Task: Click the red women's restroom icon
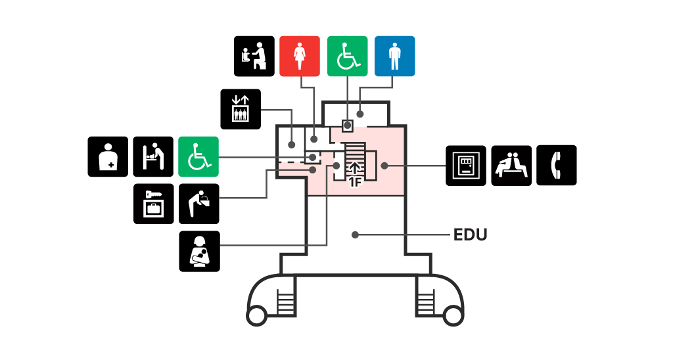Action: [x=300, y=56]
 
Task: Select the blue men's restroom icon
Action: [x=395, y=56]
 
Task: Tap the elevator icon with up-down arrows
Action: [x=241, y=109]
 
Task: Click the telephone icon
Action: [x=557, y=165]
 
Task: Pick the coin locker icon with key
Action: [x=154, y=204]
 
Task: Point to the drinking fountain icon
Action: [x=199, y=204]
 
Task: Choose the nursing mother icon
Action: [x=200, y=252]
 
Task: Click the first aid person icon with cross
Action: [x=108, y=156]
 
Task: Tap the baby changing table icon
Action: [x=153, y=156]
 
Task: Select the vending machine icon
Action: [x=466, y=166]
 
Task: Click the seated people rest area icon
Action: [x=511, y=166]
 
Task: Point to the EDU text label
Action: [x=471, y=235]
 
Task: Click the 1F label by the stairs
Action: [x=355, y=183]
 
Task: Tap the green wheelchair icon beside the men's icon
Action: [x=348, y=56]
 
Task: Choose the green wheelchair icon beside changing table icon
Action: [x=198, y=156]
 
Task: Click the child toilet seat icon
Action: [x=254, y=56]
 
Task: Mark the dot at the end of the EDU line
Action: [x=355, y=235]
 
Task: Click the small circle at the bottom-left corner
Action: [x=257, y=316]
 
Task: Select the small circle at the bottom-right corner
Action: [x=453, y=316]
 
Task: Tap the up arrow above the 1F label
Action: [x=355, y=169]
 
